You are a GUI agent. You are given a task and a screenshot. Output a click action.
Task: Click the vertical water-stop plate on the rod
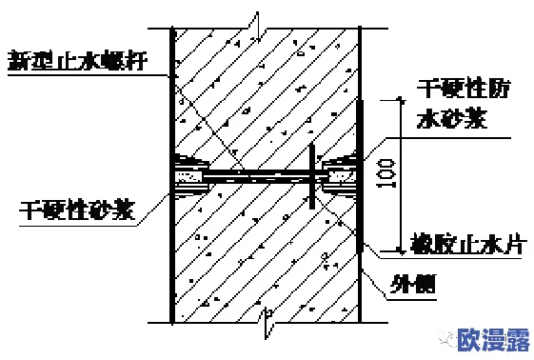pyautogui.click(x=311, y=175)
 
